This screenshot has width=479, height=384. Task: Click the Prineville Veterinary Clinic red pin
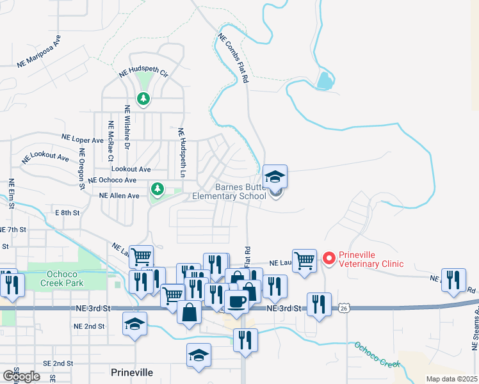[330, 259]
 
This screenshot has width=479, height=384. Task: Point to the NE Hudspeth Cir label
[143, 74]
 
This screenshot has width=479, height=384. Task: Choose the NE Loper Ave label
[82, 138]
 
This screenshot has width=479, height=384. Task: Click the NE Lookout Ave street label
[45, 157]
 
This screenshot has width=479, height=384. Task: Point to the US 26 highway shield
[345, 308]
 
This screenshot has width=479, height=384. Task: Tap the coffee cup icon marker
[236, 300]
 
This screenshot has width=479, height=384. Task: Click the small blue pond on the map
[325, 80]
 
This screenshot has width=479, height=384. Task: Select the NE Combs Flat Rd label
[232, 60]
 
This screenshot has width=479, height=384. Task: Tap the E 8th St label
[67, 212]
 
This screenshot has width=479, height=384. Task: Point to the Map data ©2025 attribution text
[452, 379]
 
